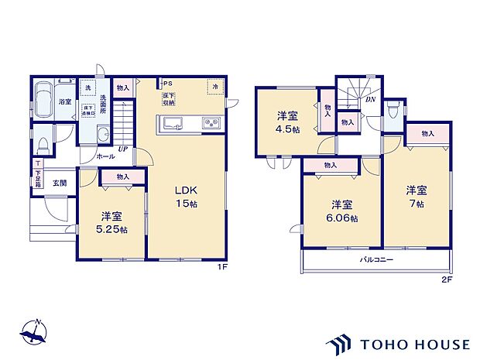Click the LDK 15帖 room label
pos(188,197)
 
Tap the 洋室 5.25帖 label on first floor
pos(112,223)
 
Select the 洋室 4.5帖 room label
pos(289,122)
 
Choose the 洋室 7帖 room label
pos(417,197)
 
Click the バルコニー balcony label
pos(375,260)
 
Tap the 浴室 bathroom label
pos(65,102)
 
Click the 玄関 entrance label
pos(60,183)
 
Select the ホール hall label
pos(105,156)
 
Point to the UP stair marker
pos(122,149)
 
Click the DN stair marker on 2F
pos(370,99)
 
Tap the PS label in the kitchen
pos(166,84)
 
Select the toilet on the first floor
pos(45,144)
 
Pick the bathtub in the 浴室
pos(43,97)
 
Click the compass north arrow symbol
pos(33,331)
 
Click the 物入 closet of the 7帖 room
pos(428,134)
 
